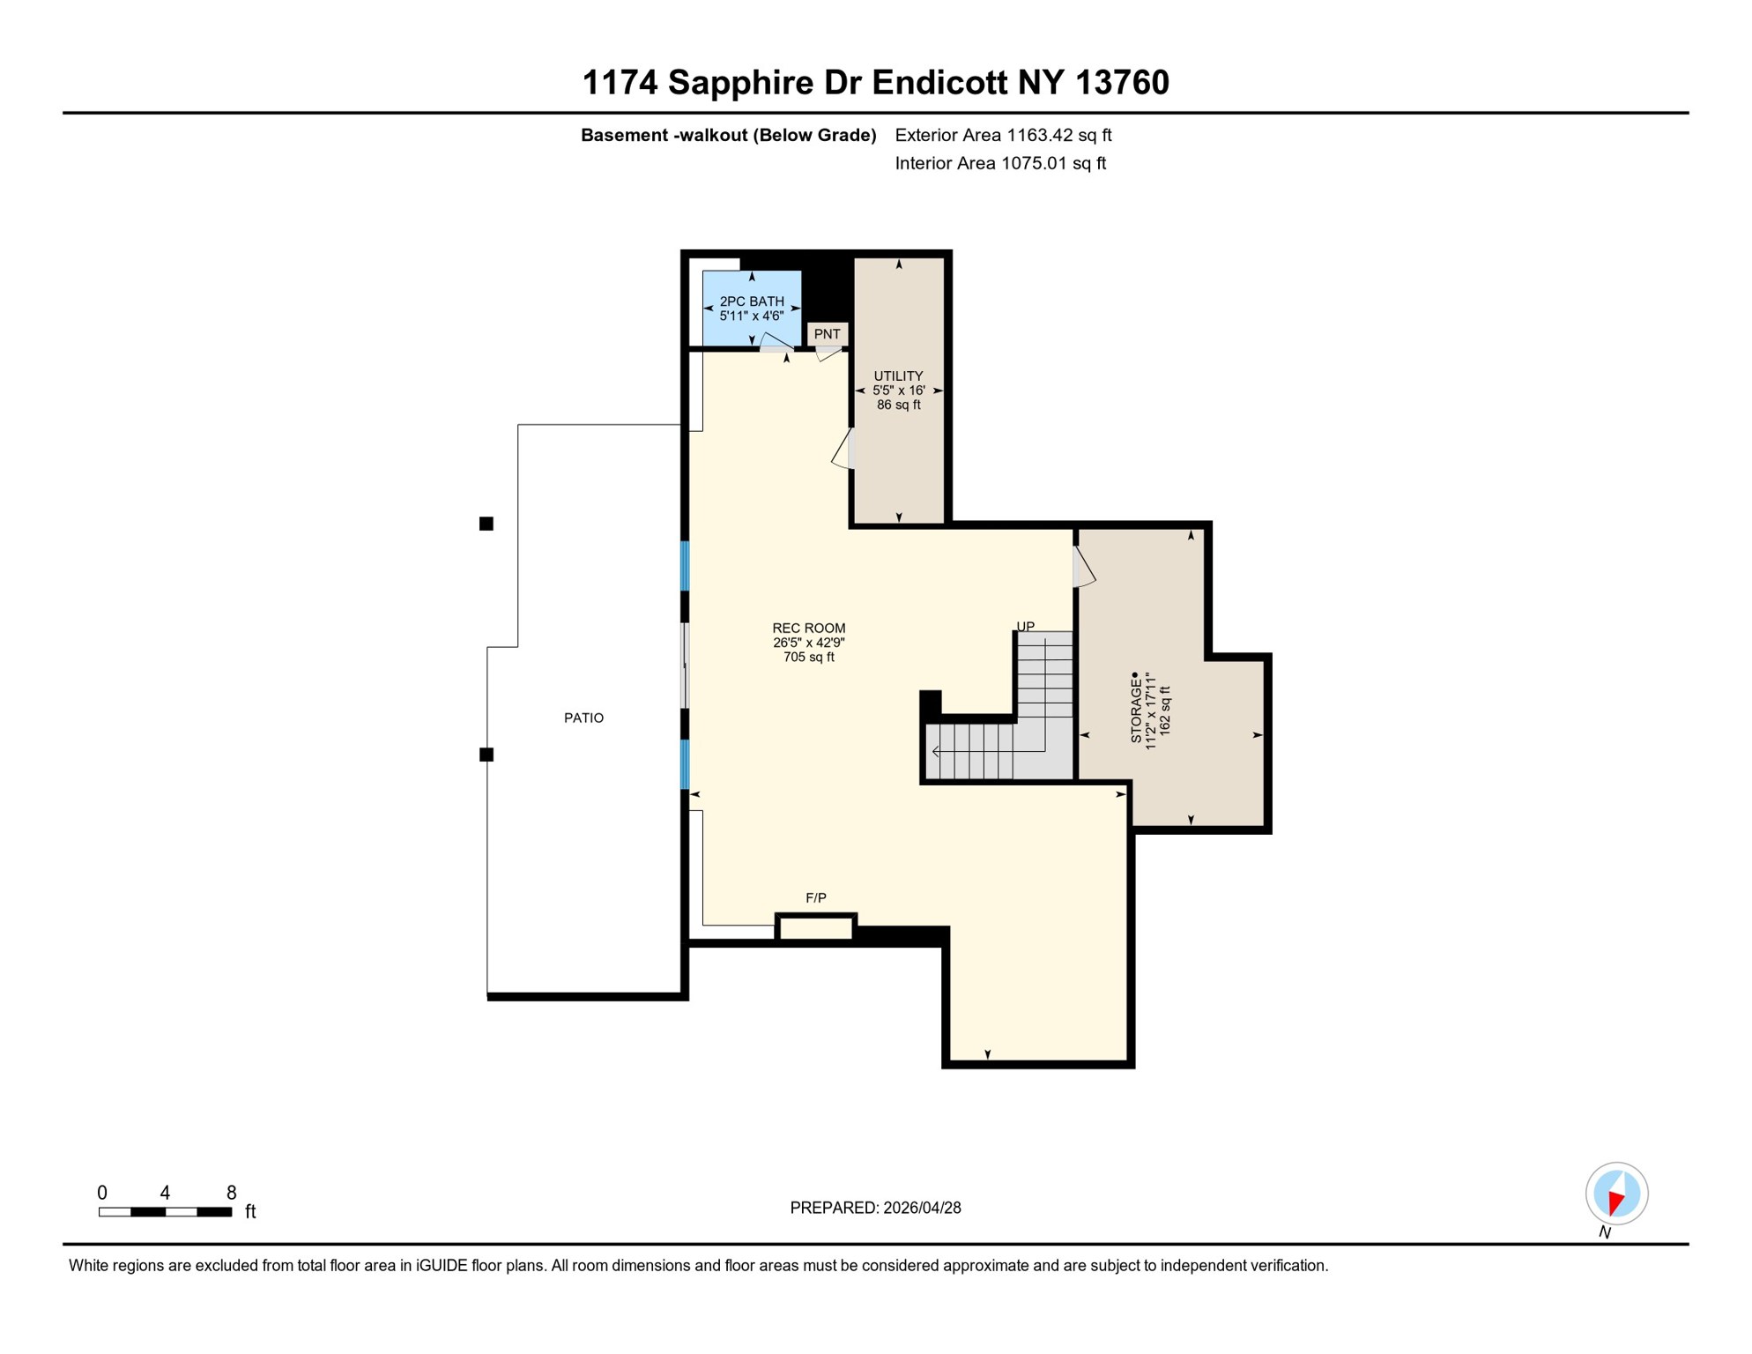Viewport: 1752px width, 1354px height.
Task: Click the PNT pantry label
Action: coord(827,334)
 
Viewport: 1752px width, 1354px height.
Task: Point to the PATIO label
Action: coord(583,718)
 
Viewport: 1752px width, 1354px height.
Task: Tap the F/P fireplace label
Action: coord(816,898)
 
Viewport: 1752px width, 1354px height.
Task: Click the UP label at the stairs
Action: coord(1026,627)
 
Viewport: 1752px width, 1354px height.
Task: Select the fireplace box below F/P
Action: coord(816,928)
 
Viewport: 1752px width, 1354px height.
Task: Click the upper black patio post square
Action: coord(486,524)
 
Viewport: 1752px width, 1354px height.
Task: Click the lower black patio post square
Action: coord(486,755)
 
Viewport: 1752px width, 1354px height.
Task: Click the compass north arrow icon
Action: coord(1616,1194)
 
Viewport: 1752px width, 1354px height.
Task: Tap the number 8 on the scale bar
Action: coord(232,1193)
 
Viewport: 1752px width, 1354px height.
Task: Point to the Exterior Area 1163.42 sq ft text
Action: coord(1003,135)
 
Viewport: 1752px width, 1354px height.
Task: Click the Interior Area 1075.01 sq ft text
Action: coord(1000,163)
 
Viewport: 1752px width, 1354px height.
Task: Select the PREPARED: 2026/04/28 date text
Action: coord(875,1208)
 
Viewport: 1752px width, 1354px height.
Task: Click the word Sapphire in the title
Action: coord(740,83)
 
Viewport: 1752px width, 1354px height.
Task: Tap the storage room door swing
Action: coord(1084,569)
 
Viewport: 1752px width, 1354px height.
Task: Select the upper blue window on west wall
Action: coord(685,566)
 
